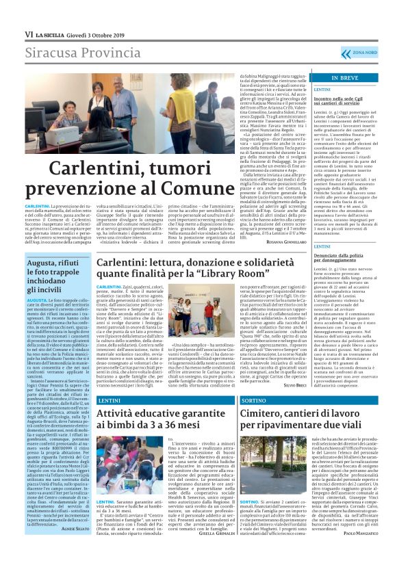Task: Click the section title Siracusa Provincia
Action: tap(79, 53)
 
